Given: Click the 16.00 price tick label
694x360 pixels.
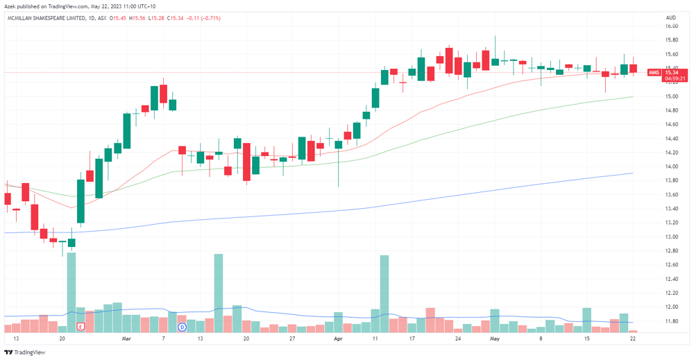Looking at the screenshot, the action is click(671, 26).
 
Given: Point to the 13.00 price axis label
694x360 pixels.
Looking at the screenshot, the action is click(671, 237).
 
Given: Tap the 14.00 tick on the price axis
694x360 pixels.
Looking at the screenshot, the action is click(671, 166).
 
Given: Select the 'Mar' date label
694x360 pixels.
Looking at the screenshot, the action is click(126, 338).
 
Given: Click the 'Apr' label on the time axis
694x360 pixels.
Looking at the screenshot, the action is click(338, 338).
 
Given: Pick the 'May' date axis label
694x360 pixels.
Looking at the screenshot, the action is click(494, 338).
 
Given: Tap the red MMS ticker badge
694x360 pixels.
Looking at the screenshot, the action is click(654, 73).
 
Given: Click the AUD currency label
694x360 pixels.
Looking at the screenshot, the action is click(671, 18).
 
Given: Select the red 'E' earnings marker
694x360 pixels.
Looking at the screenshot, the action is click(81, 327).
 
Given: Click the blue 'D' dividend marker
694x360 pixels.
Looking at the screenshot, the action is click(182, 327).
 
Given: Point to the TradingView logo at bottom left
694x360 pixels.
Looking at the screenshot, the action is click(25, 352).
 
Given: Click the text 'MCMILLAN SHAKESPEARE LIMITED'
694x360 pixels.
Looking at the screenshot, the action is click(46, 18).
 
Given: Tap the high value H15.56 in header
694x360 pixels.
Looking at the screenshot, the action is click(137, 18).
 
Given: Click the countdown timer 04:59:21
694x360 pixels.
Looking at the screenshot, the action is click(675, 78).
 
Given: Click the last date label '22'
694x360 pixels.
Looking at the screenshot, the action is click(633, 338).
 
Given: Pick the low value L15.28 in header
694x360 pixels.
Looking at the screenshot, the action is click(156, 18).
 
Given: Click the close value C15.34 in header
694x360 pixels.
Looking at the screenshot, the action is click(176, 18).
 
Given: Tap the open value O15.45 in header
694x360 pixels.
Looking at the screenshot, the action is click(118, 18).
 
